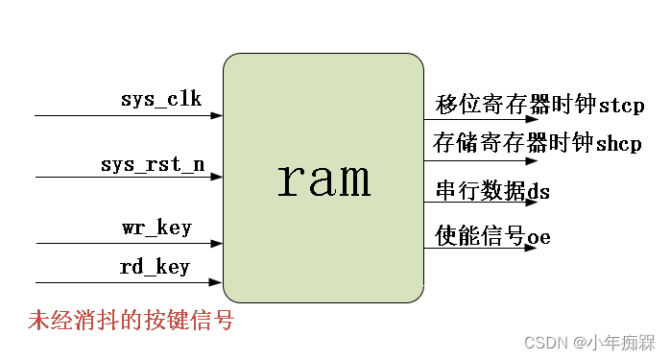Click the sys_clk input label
click(160, 99)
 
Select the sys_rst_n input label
click(153, 163)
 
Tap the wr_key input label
click(156, 228)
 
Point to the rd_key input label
click(156, 267)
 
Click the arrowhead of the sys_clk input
click(218, 115)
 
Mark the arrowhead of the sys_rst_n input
click(218, 178)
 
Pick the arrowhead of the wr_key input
click(218, 243)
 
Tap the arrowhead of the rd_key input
click(218, 282)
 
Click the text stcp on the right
click(621, 105)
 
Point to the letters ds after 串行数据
click(538, 192)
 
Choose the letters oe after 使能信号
click(538, 236)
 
